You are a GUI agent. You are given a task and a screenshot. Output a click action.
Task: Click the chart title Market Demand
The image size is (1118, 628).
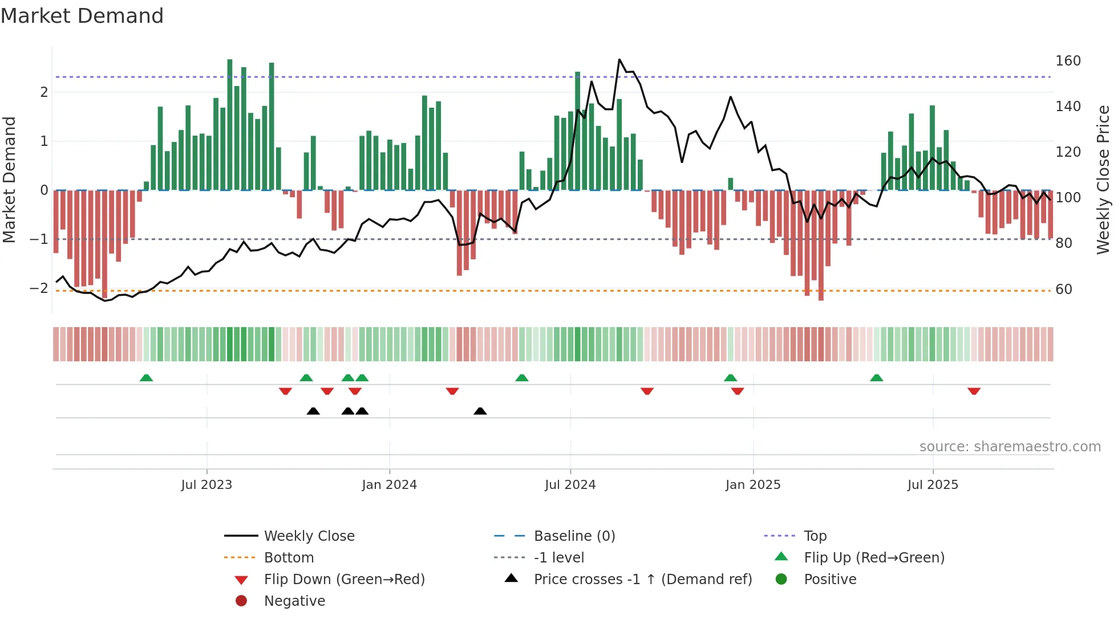click(x=82, y=16)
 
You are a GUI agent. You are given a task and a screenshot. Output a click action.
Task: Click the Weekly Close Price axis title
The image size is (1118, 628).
click(x=1103, y=180)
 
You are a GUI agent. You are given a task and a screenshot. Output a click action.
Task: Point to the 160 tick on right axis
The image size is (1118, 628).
click(x=1068, y=61)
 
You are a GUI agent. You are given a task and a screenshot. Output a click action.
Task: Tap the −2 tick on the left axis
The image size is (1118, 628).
click(x=39, y=288)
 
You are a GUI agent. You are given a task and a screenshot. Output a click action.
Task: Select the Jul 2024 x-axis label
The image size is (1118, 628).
click(x=570, y=485)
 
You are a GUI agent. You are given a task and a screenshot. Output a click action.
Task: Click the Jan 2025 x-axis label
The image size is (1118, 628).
click(x=752, y=485)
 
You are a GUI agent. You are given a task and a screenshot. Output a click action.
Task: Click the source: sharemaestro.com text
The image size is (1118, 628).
click(x=1010, y=447)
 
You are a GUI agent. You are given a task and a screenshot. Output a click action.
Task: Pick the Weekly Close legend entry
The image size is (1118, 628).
click(x=309, y=536)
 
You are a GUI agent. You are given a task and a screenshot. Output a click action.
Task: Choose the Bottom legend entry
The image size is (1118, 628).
click(x=289, y=558)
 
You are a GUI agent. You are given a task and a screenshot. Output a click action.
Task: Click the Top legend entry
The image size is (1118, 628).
click(x=815, y=536)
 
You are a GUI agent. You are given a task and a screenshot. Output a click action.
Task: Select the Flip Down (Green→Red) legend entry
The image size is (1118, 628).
click(x=344, y=580)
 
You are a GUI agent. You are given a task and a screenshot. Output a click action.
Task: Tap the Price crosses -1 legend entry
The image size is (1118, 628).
click(x=642, y=580)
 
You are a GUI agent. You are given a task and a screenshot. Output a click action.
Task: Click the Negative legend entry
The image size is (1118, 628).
click(x=294, y=601)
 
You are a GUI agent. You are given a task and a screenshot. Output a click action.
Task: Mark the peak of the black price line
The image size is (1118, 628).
click(x=619, y=59)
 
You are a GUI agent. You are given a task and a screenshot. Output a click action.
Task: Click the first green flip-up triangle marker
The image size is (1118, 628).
click(x=146, y=378)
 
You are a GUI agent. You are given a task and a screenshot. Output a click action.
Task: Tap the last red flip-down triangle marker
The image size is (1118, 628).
click(x=974, y=391)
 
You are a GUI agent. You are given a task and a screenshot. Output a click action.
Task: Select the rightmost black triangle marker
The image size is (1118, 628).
click(x=480, y=411)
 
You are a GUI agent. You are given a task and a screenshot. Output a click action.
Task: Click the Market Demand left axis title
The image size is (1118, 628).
click(x=10, y=180)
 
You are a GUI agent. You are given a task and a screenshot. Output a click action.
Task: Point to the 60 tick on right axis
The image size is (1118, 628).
click(x=1064, y=289)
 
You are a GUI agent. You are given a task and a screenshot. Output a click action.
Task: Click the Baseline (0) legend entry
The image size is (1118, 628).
click(x=574, y=536)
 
